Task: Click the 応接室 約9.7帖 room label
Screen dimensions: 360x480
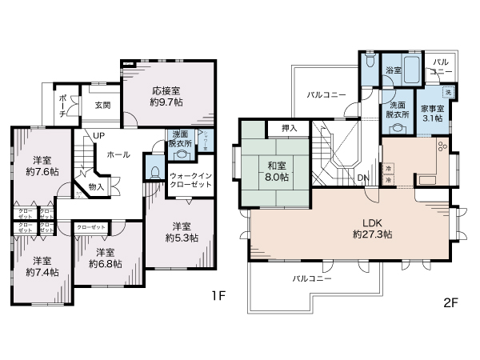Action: click(x=167, y=97)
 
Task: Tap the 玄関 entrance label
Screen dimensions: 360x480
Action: click(x=102, y=105)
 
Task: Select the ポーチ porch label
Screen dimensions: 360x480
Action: click(x=63, y=105)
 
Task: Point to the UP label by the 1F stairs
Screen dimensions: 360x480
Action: click(x=98, y=135)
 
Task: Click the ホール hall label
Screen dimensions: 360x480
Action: click(x=118, y=154)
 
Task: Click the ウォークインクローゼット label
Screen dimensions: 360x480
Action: click(x=190, y=180)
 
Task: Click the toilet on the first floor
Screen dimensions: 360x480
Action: click(x=155, y=170)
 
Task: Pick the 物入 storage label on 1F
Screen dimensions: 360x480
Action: click(x=96, y=186)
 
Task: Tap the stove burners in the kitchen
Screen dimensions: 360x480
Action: click(x=442, y=147)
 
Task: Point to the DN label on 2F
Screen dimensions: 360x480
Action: click(x=362, y=178)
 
